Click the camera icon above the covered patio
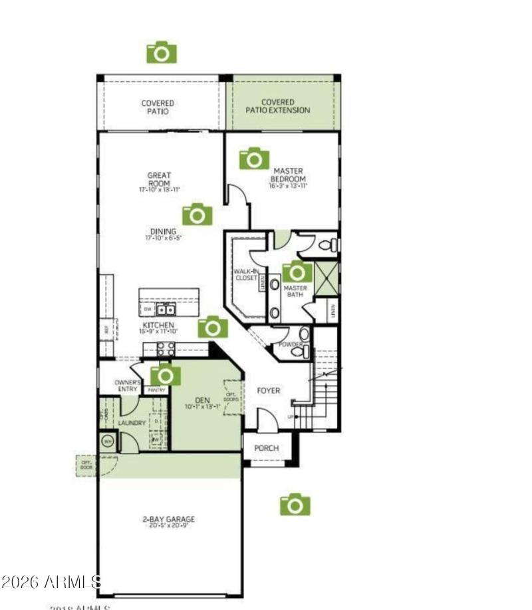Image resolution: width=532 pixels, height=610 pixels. pos(162,52)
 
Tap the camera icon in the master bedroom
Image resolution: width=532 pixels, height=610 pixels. pos(254,158)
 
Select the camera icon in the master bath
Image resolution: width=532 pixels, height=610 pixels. pos(297,272)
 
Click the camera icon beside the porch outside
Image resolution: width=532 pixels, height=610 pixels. pos(295,505)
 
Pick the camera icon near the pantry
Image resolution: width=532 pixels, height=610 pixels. pos(166,376)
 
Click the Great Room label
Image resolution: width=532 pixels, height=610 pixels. pos(160,179)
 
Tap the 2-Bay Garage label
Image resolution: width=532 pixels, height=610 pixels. pos(169,519)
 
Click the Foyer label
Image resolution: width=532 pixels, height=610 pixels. pos(269,390)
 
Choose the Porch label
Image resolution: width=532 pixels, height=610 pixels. pos(266,448)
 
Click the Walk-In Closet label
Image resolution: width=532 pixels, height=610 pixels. pos(245,274)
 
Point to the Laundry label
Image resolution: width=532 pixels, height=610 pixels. pos(132,423)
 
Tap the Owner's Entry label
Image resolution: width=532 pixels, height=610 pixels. pos(128,386)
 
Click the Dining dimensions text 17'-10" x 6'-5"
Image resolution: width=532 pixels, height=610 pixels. pos(163,238)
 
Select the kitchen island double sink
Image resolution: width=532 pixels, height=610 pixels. pos(166,310)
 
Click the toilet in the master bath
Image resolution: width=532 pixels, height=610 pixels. pos(329,245)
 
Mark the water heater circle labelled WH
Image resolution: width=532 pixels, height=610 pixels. pos(108,441)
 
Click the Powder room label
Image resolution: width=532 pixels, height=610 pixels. pos(290,344)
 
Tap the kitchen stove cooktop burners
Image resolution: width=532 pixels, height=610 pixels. pos(165,348)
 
